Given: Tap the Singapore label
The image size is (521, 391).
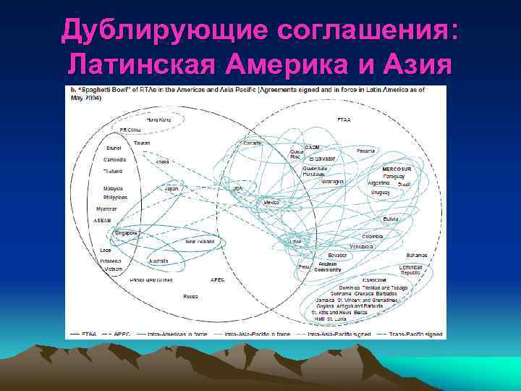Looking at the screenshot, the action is (x=127, y=232).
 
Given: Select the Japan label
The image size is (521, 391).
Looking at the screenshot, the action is (x=171, y=188).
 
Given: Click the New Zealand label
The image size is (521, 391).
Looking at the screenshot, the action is (x=200, y=241).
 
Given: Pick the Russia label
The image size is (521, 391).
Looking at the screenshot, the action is (x=191, y=296).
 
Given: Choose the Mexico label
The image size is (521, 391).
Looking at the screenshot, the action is (x=271, y=202).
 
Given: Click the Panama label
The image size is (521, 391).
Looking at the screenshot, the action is (x=365, y=151).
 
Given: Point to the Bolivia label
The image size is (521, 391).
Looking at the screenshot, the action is (x=391, y=219).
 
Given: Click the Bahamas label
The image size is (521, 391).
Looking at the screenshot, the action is (x=416, y=255).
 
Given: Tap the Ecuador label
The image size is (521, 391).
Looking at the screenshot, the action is (x=336, y=256).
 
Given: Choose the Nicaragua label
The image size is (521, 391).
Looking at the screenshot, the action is (x=333, y=181).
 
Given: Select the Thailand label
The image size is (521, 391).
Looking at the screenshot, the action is (x=112, y=171).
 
